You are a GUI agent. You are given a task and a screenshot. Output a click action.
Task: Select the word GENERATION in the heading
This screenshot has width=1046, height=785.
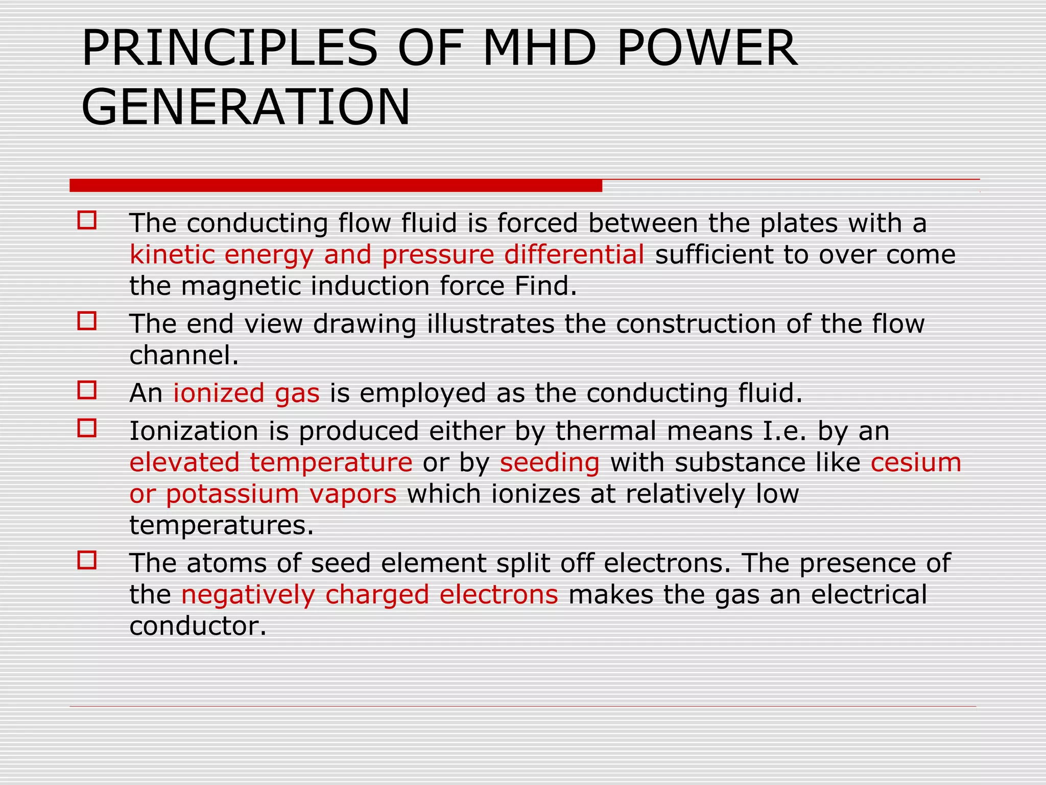pyautogui.click(x=246, y=107)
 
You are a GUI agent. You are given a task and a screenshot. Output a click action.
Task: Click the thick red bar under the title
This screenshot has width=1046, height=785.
pyautogui.click(x=336, y=186)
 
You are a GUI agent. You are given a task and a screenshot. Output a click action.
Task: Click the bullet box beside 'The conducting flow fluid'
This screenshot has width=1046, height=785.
pyautogui.click(x=87, y=220)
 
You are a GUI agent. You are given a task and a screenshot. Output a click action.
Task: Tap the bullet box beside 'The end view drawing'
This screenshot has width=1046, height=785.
pyautogui.click(x=87, y=321)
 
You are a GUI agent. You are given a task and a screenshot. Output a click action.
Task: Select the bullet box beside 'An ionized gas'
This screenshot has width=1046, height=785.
pyautogui.click(x=87, y=390)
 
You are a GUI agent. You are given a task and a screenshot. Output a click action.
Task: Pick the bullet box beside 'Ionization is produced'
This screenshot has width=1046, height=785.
pyautogui.click(x=87, y=428)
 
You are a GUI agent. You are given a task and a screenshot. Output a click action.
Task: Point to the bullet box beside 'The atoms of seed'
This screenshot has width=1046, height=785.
pyautogui.click(x=87, y=560)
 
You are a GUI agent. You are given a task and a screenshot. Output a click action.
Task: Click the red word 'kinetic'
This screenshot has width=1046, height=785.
pyautogui.click(x=171, y=255)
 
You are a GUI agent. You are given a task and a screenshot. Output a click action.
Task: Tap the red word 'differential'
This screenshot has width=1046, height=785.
pyautogui.click(x=574, y=255)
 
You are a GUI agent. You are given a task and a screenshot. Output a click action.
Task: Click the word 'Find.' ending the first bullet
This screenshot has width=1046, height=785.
pyautogui.click(x=545, y=286)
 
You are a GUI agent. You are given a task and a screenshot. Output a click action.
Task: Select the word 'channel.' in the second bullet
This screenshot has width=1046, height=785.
pyautogui.click(x=184, y=355)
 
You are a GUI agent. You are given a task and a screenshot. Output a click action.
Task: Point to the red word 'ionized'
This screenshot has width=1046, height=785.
pyautogui.click(x=219, y=393)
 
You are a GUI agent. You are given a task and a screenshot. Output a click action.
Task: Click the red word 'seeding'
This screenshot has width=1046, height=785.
pyautogui.click(x=550, y=463)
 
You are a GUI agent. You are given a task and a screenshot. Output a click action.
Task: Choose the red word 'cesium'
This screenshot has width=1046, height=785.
pyautogui.click(x=916, y=463)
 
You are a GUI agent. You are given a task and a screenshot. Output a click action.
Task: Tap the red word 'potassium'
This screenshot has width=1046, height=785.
pyautogui.click(x=232, y=494)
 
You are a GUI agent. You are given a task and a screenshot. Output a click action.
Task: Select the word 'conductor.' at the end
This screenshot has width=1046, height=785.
pyautogui.click(x=198, y=626)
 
